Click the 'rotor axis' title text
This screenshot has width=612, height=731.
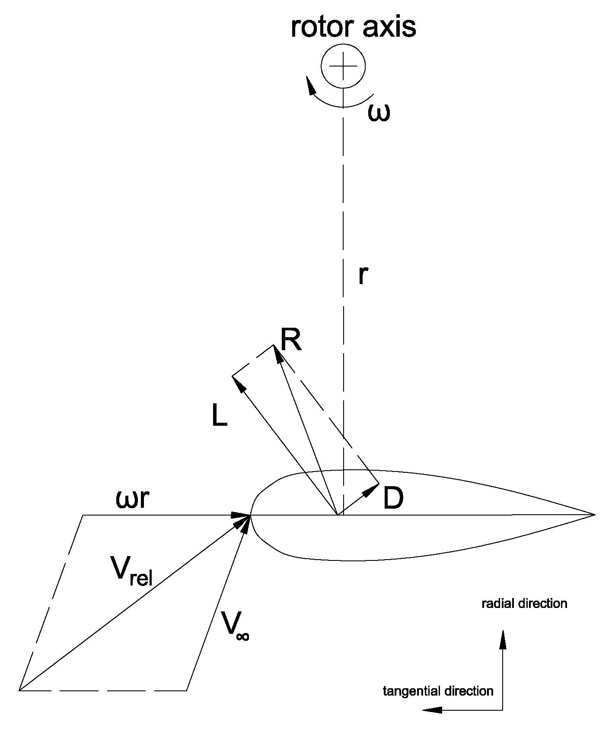click(353, 27)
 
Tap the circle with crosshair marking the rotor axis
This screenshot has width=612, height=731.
click(343, 66)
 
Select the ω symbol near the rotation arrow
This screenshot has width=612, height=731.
click(379, 113)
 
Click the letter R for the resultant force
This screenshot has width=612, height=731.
click(290, 340)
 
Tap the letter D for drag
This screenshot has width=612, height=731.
click(393, 499)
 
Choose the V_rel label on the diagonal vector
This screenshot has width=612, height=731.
click(131, 572)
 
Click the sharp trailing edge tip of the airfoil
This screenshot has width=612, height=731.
click(594, 514)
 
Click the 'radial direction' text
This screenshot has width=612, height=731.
click(524, 603)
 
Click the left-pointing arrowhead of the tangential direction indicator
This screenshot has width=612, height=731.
click(432, 709)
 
